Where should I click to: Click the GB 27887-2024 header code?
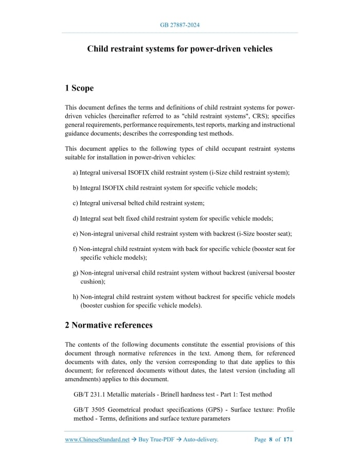179,25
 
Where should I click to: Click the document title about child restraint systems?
179,49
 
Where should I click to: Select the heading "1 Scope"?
79,88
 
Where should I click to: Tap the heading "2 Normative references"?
109,325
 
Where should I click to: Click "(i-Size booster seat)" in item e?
264,234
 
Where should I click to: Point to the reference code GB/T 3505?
91,410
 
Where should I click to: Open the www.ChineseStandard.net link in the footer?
97,440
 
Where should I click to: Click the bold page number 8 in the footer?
271,440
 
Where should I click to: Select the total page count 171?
288,440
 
